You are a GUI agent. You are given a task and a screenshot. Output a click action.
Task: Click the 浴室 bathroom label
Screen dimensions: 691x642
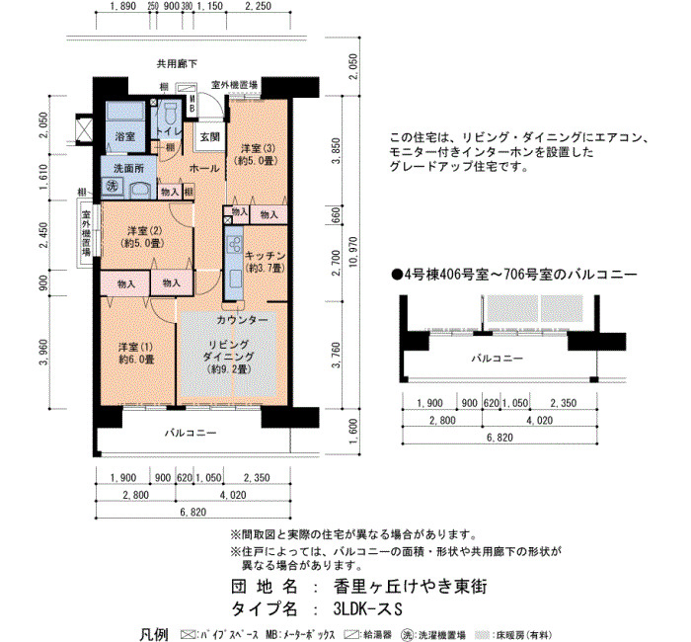[x=124, y=136]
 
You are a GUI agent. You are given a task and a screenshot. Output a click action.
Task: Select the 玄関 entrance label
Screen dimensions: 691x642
[x=209, y=136]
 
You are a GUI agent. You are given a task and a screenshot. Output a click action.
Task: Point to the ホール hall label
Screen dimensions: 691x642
[x=204, y=168]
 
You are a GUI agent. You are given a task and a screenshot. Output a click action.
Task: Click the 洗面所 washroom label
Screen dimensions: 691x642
[x=128, y=168]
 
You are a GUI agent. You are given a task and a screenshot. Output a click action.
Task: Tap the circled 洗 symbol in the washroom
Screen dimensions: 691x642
[x=112, y=186]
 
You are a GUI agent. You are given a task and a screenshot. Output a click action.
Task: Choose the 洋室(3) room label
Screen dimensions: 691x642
[x=259, y=154]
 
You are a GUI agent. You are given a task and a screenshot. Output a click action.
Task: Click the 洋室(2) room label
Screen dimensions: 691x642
[x=144, y=236]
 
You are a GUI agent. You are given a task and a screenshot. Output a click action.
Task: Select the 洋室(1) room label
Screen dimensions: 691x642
[x=136, y=354]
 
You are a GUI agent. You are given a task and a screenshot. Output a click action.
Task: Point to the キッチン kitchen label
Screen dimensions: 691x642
[x=266, y=262]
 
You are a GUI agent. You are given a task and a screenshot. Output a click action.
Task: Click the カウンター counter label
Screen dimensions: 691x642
[x=242, y=320]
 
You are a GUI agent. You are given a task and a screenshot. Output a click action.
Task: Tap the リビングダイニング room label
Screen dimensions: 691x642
[x=229, y=357]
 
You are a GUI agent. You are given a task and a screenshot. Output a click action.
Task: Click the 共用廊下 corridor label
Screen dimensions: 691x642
[x=177, y=64]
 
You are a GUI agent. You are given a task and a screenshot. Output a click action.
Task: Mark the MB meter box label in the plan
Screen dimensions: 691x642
[x=192, y=105]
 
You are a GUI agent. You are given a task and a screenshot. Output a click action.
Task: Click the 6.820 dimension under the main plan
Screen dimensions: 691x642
[x=193, y=512]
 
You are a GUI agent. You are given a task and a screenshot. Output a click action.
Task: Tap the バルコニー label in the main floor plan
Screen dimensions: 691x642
[x=191, y=433]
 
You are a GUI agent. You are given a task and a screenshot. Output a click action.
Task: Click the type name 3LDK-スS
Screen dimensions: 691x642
[x=368, y=609]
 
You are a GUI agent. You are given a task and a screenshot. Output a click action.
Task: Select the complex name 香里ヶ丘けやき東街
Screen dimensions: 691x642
[x=410, y=587]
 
